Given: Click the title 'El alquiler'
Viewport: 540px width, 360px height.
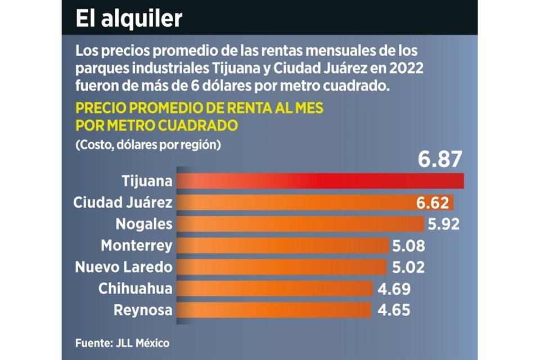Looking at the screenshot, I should (x=129, y=19).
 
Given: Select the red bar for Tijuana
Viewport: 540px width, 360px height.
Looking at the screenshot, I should (x=321, y=181).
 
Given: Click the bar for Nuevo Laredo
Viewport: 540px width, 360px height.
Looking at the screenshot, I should (x=281, y=267).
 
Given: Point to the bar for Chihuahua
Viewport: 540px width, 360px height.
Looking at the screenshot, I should (x=275, y=289).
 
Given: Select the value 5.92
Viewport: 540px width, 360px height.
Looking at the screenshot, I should (x=444, y=224).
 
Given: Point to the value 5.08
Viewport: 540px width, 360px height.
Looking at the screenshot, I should (x=408, y=245).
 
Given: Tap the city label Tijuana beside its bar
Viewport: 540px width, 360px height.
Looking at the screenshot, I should (x=147, y=181).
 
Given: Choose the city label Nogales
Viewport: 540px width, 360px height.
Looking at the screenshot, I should (x=144, y=224).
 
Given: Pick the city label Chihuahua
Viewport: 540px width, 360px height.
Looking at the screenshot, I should (x=135, y=289).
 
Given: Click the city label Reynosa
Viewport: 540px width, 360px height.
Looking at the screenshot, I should (x=143, y=310).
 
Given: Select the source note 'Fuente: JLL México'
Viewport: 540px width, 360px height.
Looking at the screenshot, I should (x=122, y=343).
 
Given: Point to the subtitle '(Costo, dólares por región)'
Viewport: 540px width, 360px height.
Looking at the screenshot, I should (x=147, y=144).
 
